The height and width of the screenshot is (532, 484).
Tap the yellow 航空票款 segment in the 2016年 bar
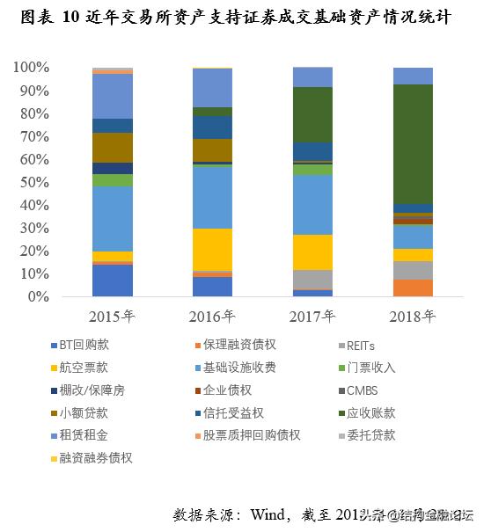click(212, 250)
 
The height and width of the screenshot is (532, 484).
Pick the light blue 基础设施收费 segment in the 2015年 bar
click(113, 218)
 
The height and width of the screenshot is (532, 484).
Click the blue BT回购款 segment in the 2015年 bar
click(113, 281)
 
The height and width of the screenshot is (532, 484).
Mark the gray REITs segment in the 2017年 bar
click(312, 279)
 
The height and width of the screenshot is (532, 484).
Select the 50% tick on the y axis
click(34, 182)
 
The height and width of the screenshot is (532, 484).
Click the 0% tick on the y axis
click(38, 297)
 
